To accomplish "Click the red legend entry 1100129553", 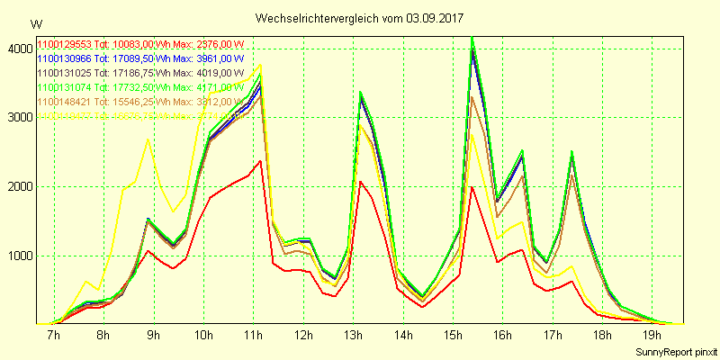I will click(139, 44).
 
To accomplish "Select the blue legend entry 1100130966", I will click(139, 58).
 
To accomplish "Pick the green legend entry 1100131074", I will click(139, 87).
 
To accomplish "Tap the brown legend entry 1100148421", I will click(139, 102).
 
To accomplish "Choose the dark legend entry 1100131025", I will click(139, 73).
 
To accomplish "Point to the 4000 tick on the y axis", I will click(17, 48).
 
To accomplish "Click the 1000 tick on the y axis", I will click(17, 256).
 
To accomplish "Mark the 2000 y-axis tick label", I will click(17, 186).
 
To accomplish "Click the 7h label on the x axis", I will click(53, 336).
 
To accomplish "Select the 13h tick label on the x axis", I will click(354, 336).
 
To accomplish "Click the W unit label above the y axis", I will click(35, 24).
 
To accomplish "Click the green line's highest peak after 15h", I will click(472, 37).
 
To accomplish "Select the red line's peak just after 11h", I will click(260, 161).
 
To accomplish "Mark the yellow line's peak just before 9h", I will click(148, 139).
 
